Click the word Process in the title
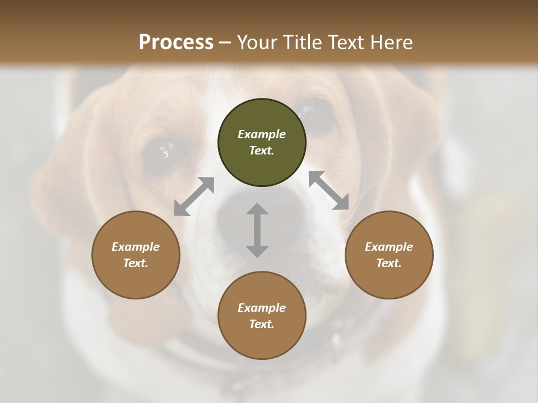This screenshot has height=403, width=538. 176,43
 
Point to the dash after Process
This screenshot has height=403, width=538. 225,43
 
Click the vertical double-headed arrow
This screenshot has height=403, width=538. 257,230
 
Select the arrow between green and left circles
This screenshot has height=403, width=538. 194,196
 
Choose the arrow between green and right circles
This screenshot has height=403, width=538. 329,190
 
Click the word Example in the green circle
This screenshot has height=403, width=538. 262,134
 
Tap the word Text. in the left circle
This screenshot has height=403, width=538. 136,263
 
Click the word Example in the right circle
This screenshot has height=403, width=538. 389,247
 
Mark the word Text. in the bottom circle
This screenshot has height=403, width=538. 262,324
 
